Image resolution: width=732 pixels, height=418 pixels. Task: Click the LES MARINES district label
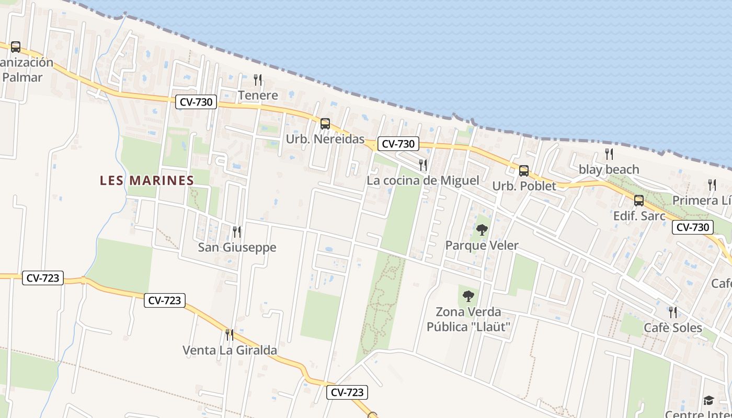coord(146,180)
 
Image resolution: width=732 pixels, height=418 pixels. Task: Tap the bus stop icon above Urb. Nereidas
coord(325,124)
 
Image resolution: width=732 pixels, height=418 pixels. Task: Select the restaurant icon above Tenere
coord(258,80)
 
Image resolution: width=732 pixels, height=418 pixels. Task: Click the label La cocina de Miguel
coord(422,180)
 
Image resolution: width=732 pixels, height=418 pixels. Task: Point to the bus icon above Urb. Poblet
coord(524,171)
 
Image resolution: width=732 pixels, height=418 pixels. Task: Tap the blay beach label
coord(609,169)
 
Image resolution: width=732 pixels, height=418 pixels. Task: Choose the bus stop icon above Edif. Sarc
coord(639,201)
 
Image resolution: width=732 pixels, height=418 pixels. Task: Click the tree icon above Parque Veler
coord(482,229)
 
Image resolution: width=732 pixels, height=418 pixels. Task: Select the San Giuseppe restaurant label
coord(237,247)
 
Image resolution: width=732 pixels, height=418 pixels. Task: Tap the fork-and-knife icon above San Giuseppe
coord(237,231)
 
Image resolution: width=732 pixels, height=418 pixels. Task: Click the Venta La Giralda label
coord(230,350)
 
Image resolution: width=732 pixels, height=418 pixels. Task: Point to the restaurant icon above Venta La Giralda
coord(230,334)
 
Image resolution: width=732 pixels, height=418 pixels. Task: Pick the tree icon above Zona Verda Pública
coord(468,296)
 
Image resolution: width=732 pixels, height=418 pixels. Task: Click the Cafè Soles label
coord(672,328)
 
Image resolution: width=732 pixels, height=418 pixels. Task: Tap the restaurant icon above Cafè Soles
coord(673,312)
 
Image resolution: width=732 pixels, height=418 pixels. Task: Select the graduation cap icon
coord(708,401)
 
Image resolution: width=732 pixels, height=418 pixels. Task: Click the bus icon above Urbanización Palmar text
coord(16,47)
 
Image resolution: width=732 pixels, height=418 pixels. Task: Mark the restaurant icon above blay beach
coord(609,154)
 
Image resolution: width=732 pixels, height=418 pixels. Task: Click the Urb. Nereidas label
coord(325,140)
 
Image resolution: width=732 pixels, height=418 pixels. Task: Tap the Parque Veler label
coord(482,245)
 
